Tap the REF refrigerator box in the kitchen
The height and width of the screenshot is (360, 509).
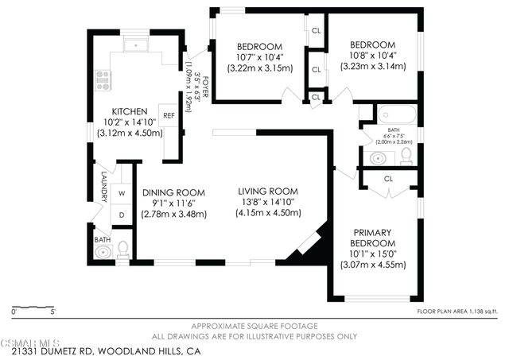click(169, 115)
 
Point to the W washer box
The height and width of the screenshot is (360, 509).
click(122, 193)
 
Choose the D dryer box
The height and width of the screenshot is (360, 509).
click(122, 215)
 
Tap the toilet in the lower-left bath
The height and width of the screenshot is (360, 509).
click(122, 250)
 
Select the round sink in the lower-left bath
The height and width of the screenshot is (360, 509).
click(101, 254)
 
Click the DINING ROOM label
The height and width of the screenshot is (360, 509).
click(173, 192)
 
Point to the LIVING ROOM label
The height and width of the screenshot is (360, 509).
click(268, 192)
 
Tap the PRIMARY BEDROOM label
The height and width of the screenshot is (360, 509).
click(374, 237)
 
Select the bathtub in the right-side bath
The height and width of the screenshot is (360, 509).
click(395, 116)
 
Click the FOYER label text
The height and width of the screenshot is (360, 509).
click(204, 86)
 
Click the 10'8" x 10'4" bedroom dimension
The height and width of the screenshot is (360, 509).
click(373, 55)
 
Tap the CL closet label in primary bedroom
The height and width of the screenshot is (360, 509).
click(389, 179)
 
